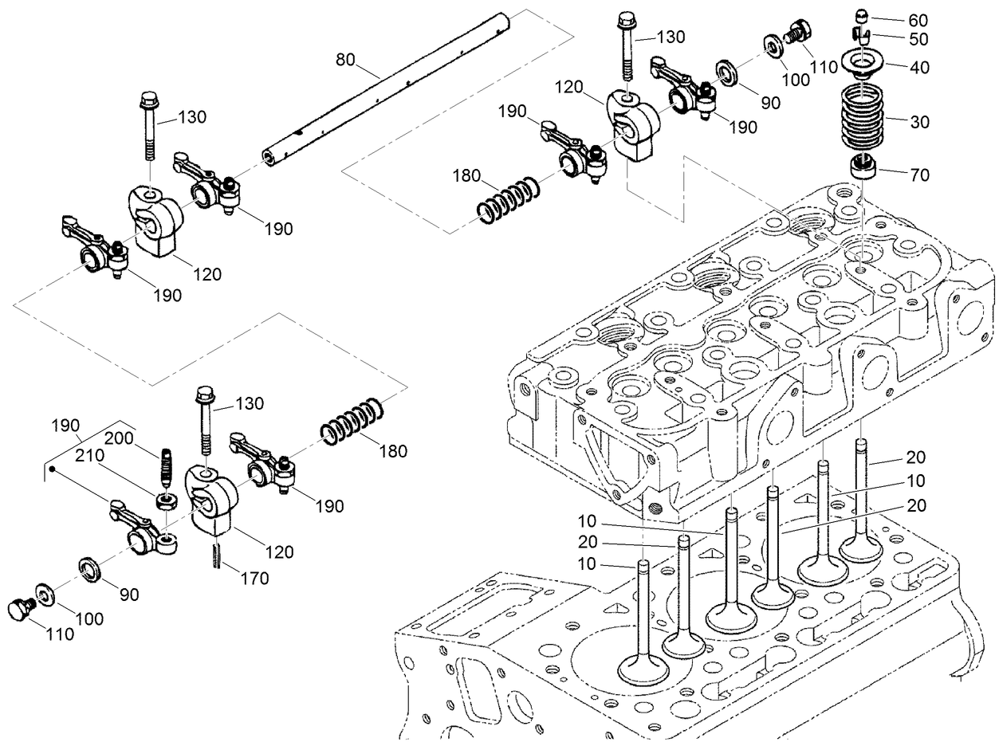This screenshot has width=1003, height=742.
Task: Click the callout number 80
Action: pos(345,60)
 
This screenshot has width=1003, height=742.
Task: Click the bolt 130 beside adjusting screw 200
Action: pos(205,422)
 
